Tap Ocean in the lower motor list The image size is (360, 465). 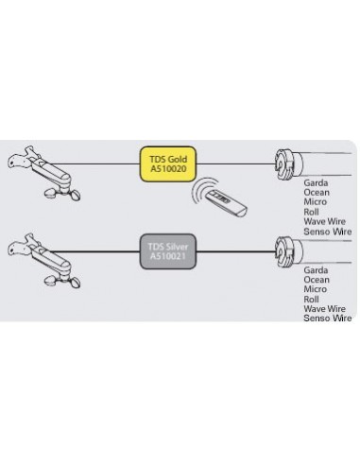coord(317,281)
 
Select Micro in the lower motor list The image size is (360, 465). coord(316,290)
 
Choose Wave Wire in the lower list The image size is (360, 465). coord(323,309)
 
